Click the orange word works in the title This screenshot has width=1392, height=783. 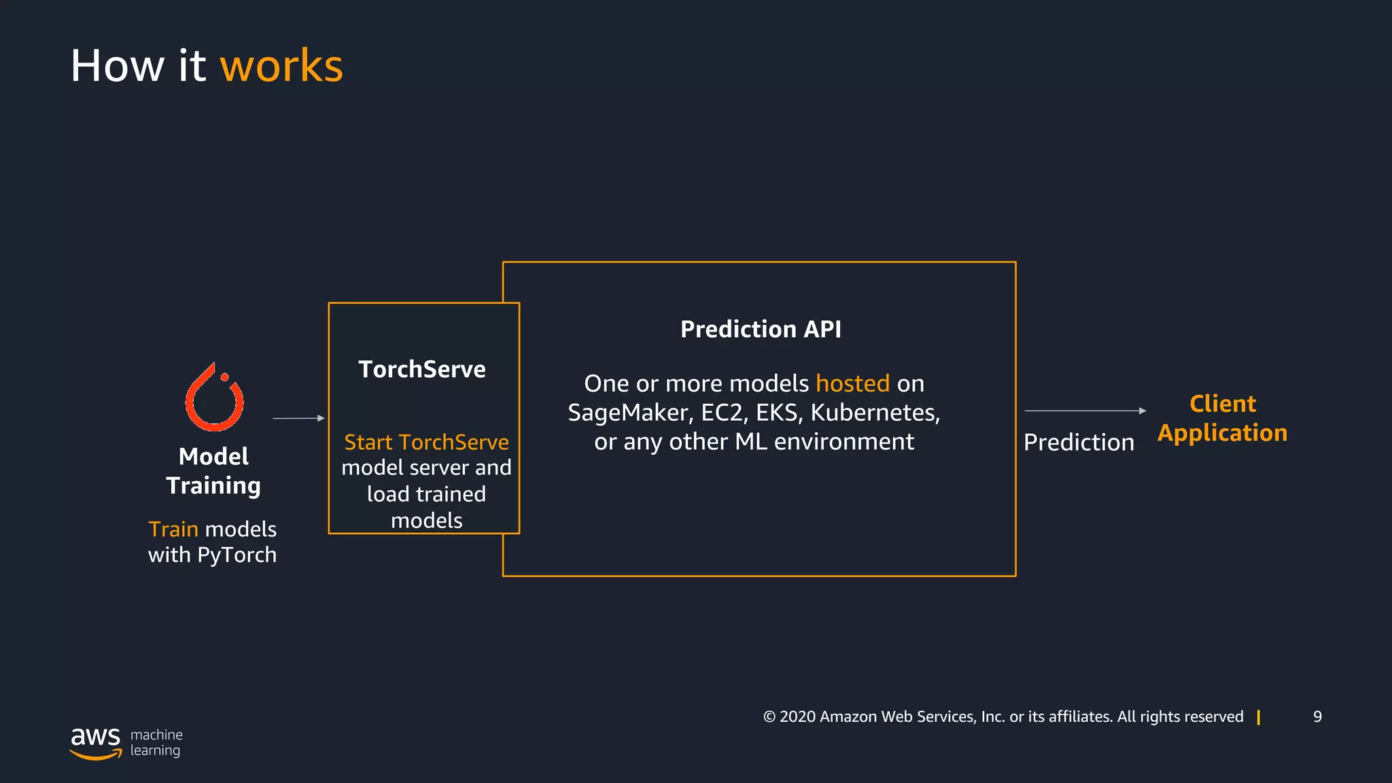coord(281,67)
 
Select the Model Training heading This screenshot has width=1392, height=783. coord(213,471)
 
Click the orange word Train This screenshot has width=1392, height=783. coord(173,529)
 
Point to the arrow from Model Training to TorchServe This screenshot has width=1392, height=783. coord(298,418)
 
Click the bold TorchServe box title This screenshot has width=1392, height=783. coord(422,369)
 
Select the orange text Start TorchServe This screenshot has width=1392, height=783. coord(426,442)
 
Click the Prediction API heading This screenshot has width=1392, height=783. coord(761,330)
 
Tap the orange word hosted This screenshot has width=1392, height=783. coord(852,383)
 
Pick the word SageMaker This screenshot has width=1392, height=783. coord(627,413)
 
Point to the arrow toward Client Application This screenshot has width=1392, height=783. coord(1085,411)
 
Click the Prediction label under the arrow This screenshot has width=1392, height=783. coord(1079,442)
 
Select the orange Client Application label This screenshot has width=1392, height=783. coord(1222,418)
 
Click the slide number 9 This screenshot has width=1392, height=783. coord(1317,716)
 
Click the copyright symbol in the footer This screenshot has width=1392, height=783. coord(769,717)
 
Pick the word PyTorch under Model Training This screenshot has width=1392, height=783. coord(237,555)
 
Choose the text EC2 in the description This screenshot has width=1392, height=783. coord(724,413)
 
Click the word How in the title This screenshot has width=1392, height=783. coord(118,67)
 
